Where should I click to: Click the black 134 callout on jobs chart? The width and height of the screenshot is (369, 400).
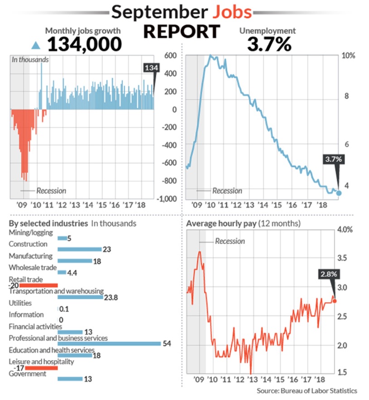click(x=151, y=68)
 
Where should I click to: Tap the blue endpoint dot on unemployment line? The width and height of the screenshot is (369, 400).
click(x=339, y=193)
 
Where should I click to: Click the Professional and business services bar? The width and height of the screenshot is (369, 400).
click(x=109, y=344)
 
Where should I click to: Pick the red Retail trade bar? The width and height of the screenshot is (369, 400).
click(x=38, y=285)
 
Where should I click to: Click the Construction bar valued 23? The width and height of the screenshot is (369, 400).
click(x=79, y=249)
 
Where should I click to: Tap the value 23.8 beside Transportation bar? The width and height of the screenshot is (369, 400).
click(x=111, y=298)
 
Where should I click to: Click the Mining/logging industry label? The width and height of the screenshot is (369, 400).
click(x=31, y=233)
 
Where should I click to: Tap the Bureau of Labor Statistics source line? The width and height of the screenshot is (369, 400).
click(x=307, y=390)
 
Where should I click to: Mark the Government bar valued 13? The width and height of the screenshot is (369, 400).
click(x=70, y=379)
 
